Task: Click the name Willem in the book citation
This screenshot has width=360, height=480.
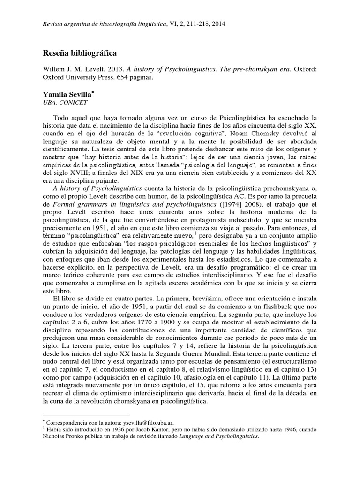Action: point(55,69)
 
